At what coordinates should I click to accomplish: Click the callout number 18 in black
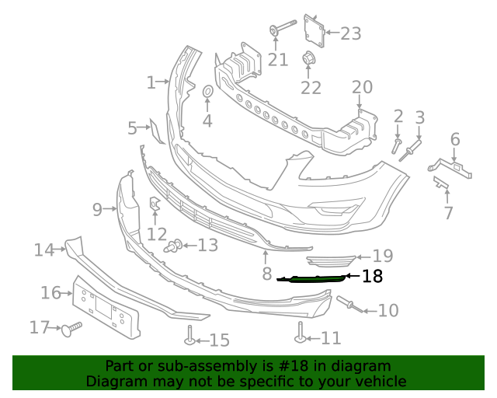(x=372, y=276)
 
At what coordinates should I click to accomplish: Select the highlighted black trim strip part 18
(x=314, y=278)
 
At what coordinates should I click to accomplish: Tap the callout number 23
(x=351, y=33)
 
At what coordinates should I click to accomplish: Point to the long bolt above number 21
(x=283, y=29)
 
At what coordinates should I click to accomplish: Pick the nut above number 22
(x=309, y=59)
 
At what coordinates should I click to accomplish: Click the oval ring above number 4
(x=207, y=94)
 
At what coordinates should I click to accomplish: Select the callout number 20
(x=362, y=87)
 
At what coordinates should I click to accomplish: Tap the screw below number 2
(x=397, y=145)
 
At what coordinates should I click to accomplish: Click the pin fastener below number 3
(x=411, y=149)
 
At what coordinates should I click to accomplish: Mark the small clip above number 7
(x=441, y=183)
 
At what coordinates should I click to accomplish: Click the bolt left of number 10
(x=346, y=303)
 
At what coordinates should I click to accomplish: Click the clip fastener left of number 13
(x=174, y=247)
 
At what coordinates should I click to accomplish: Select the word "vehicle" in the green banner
(x=379, y=381)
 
